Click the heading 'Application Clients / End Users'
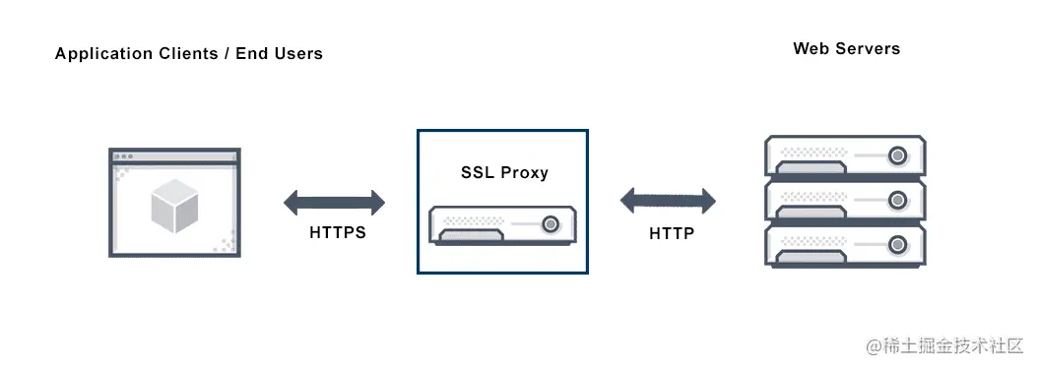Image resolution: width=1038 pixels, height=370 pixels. coord(188,53)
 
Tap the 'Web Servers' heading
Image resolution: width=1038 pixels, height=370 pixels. coord(846,48)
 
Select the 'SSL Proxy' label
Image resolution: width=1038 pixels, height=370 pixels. coord(504,172)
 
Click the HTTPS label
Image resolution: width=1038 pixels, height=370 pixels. coord(338,233)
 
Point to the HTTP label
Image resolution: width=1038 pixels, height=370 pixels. coord(671,233)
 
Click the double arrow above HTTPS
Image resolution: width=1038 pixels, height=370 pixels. coord(335,204)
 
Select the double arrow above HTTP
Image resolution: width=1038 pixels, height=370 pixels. coord(668,202)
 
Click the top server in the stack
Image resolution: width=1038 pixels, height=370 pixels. coord(845,157)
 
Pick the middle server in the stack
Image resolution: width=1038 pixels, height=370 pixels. coord(845,203)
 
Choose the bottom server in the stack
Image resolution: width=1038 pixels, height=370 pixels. coord(845,246)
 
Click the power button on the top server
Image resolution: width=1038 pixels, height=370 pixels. coord(896,155)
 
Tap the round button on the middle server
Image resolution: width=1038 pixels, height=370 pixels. coord(896,200)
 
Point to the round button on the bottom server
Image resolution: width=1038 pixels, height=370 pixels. coord(896,244)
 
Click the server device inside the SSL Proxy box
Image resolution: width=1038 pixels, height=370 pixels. coord(502,226)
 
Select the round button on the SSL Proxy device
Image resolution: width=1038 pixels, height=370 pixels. coord(551,223)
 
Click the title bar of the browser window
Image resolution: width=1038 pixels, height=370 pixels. coord(174,156)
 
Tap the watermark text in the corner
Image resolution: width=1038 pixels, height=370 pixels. coord(945,346)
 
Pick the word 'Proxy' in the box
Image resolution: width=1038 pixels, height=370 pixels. coord(524,172)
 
